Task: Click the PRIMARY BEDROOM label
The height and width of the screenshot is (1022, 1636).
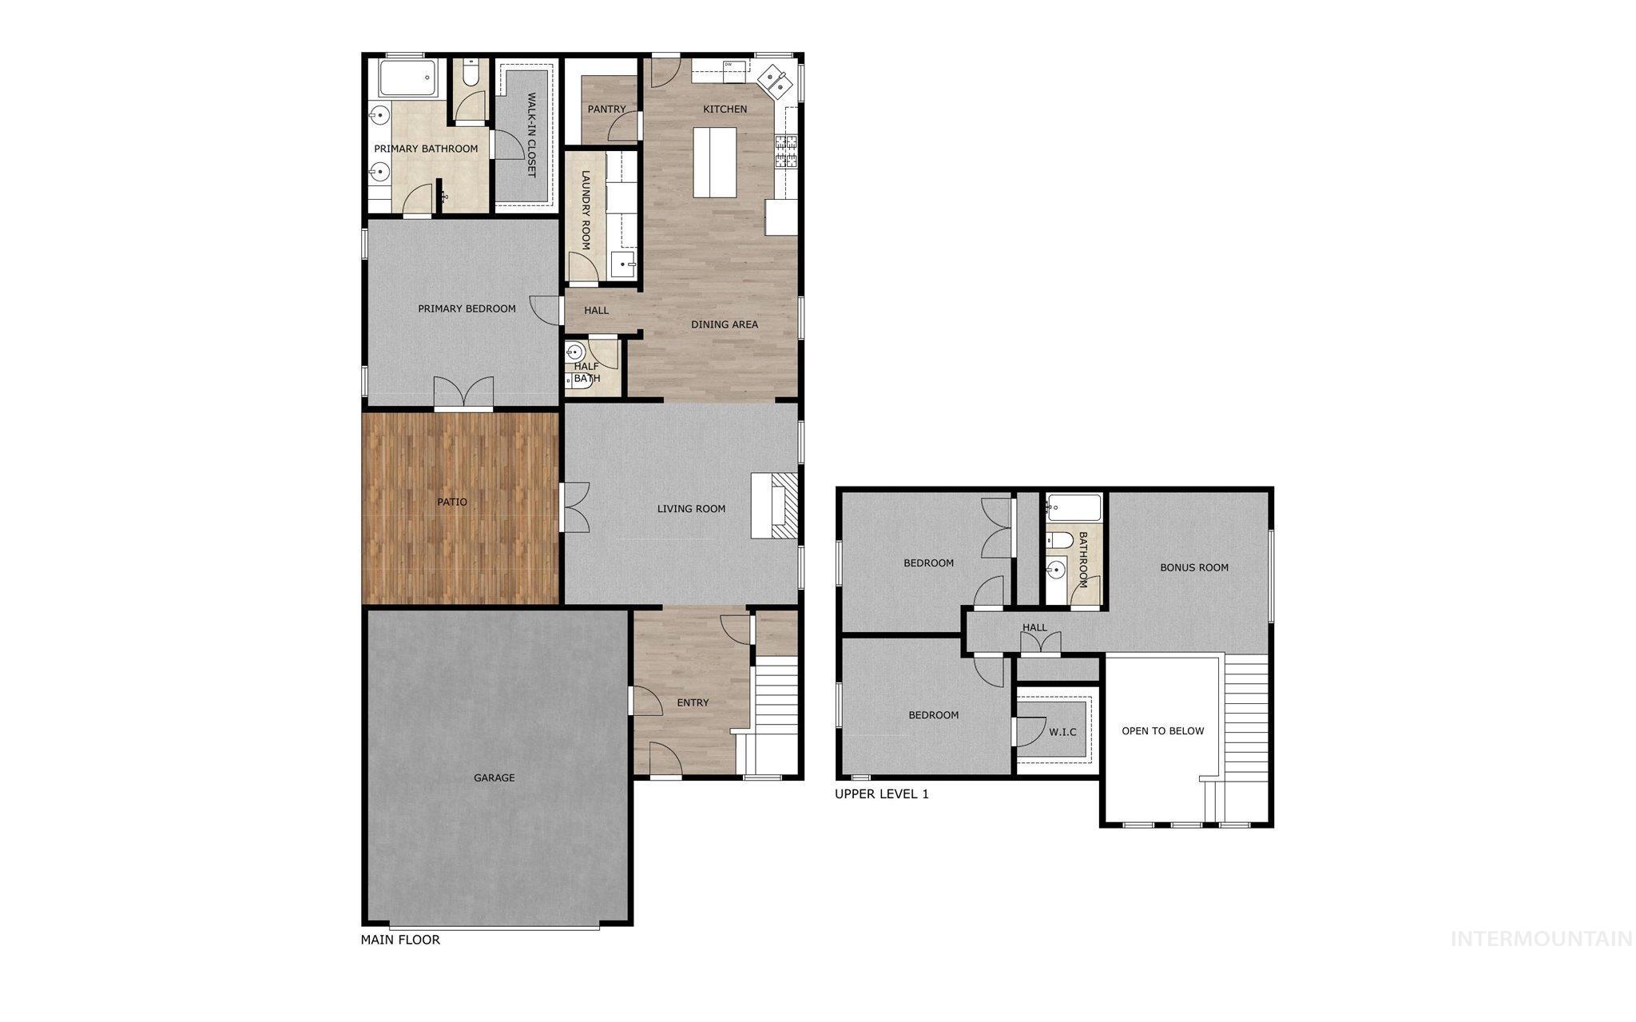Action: click(x=467, y=308)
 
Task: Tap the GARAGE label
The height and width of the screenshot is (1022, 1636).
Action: click(x=494, y=777)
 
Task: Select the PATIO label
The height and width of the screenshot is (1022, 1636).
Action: click(x=451, y=502)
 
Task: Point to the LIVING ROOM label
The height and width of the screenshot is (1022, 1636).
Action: click(x=691, y=508)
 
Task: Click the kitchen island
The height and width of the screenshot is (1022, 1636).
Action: click(x=714, y=162)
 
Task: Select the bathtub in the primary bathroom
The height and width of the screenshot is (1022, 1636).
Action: click(x=407, y=78)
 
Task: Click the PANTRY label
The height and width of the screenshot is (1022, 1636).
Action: click(x=606, y=109)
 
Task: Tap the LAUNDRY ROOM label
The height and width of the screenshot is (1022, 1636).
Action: click(x=586, y=210)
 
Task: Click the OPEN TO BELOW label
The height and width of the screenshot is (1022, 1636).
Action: click(x=1162, y=730)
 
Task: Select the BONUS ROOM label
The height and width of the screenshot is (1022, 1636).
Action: click(x=1194, y=567)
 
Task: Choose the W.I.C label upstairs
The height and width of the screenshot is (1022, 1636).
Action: click(x=1062, y=732)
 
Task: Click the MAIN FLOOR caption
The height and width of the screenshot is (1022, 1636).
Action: click(x=400, y=940)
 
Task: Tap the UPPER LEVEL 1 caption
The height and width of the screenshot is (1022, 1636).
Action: click(x=881, y=794)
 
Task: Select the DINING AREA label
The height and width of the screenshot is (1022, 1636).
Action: click(x=724, y=324)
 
